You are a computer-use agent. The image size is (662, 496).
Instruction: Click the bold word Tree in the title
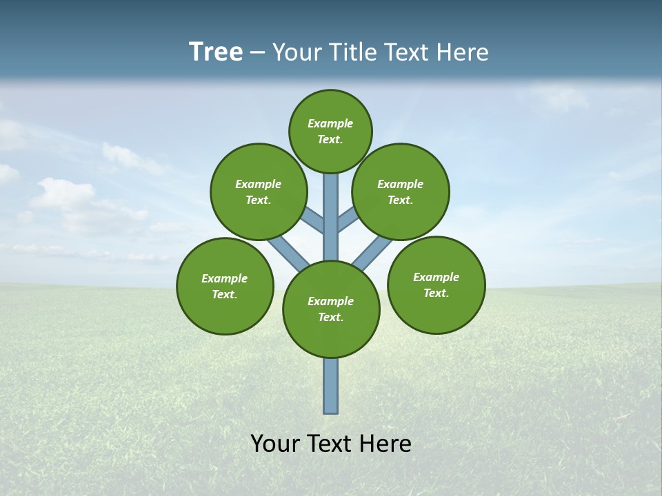216,52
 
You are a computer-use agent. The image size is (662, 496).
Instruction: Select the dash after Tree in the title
257,53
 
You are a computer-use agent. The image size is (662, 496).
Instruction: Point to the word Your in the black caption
276,444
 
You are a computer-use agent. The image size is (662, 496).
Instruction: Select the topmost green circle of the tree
330,131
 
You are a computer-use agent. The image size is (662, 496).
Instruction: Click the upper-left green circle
259,192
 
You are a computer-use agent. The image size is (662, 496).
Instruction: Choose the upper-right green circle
401,192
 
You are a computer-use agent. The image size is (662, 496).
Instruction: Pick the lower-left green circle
225,287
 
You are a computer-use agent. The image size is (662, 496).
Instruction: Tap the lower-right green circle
436,285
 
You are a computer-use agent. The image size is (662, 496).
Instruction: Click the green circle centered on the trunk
331,309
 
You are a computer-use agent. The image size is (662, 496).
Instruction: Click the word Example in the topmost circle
330,124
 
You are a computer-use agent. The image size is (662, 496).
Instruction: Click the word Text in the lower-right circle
436,293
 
